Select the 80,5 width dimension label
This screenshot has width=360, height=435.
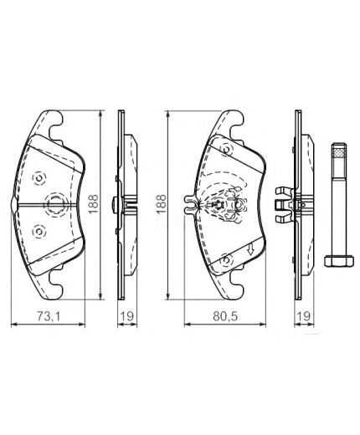coord(221,315)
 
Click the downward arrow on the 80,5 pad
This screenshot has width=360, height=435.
coord(249,248)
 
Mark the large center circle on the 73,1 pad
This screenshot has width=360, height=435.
coord(57,204)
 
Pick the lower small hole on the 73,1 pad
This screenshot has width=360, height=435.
coord(37,232)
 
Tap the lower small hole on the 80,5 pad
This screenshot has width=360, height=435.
coord(224,261)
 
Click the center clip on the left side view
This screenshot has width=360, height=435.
coord(127,203)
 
